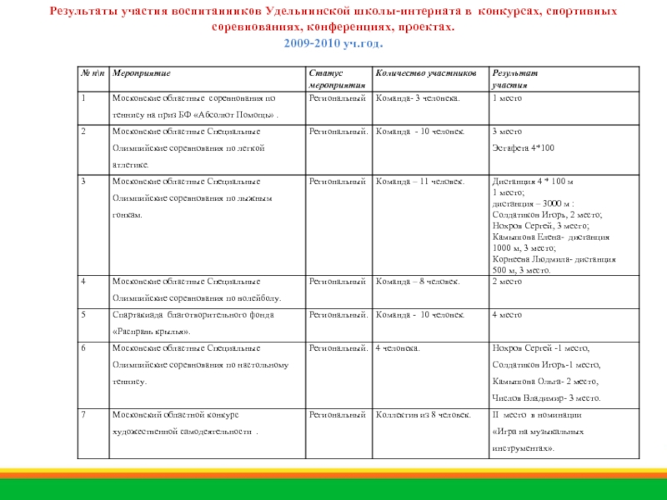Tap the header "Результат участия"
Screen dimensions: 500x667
pyautogui.click(x=514, y=80)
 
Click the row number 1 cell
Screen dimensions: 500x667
pyautogui.click(x=84, y=98)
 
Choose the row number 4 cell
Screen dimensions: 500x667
pyautogui.click(x=84, y=282)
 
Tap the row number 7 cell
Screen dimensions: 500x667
pyautogui.click(x=84, y=414)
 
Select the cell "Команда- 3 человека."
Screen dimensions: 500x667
pyautogui.click(x=418, y=98)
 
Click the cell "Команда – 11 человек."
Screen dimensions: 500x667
pyautogui.click(x=420, y=181)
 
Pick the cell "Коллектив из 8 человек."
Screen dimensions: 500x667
pyautogui.click(x=424, y=414)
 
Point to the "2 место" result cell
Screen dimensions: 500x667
pyautogui.click(x=507, y=282)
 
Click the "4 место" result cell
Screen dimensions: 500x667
pyautogui.click(x=507, y=315)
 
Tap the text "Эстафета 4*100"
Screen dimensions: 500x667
pyautogui.click(x=523, y=147)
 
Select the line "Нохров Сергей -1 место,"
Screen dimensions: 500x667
pyautogui.click(x=540, y=348)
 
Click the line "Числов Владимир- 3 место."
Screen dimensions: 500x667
pyautogui.click(x=545, y=397)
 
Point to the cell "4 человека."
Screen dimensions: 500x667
pyautogui.click(x=398, y=348)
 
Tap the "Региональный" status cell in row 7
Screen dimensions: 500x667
pyautogui.click(x=338, y=414)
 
